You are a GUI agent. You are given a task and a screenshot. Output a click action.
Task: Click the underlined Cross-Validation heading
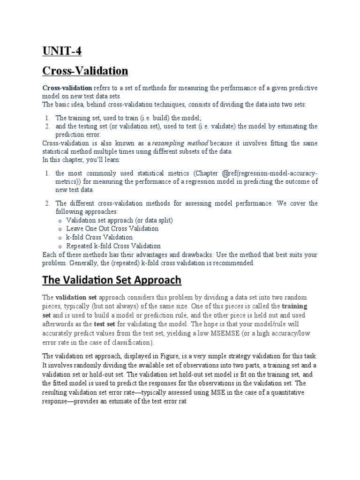pos(85,71)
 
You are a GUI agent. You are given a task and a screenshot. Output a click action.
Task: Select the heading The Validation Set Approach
pos(112,280)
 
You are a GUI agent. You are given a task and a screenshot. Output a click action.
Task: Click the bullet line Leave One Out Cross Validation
pos(112,229)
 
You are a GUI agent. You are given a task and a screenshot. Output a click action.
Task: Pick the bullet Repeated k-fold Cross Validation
pos(113,246)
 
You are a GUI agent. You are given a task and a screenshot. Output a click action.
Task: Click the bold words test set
pos(105,324)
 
